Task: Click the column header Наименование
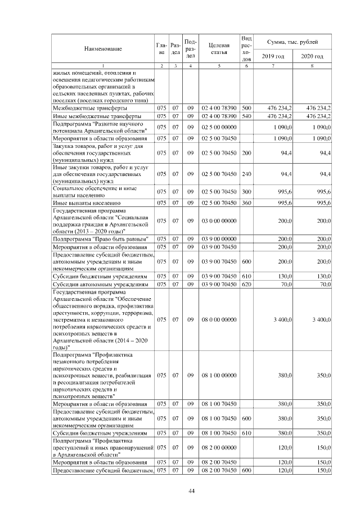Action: coord(103,49)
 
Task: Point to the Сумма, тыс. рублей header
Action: coord(292,42)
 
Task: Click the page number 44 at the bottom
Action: coord(191,492)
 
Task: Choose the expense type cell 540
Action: coord(246,116)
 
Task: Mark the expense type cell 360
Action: coord(246,202)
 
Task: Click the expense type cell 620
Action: coord(246,285)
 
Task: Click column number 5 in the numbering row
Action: coord(218,66)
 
